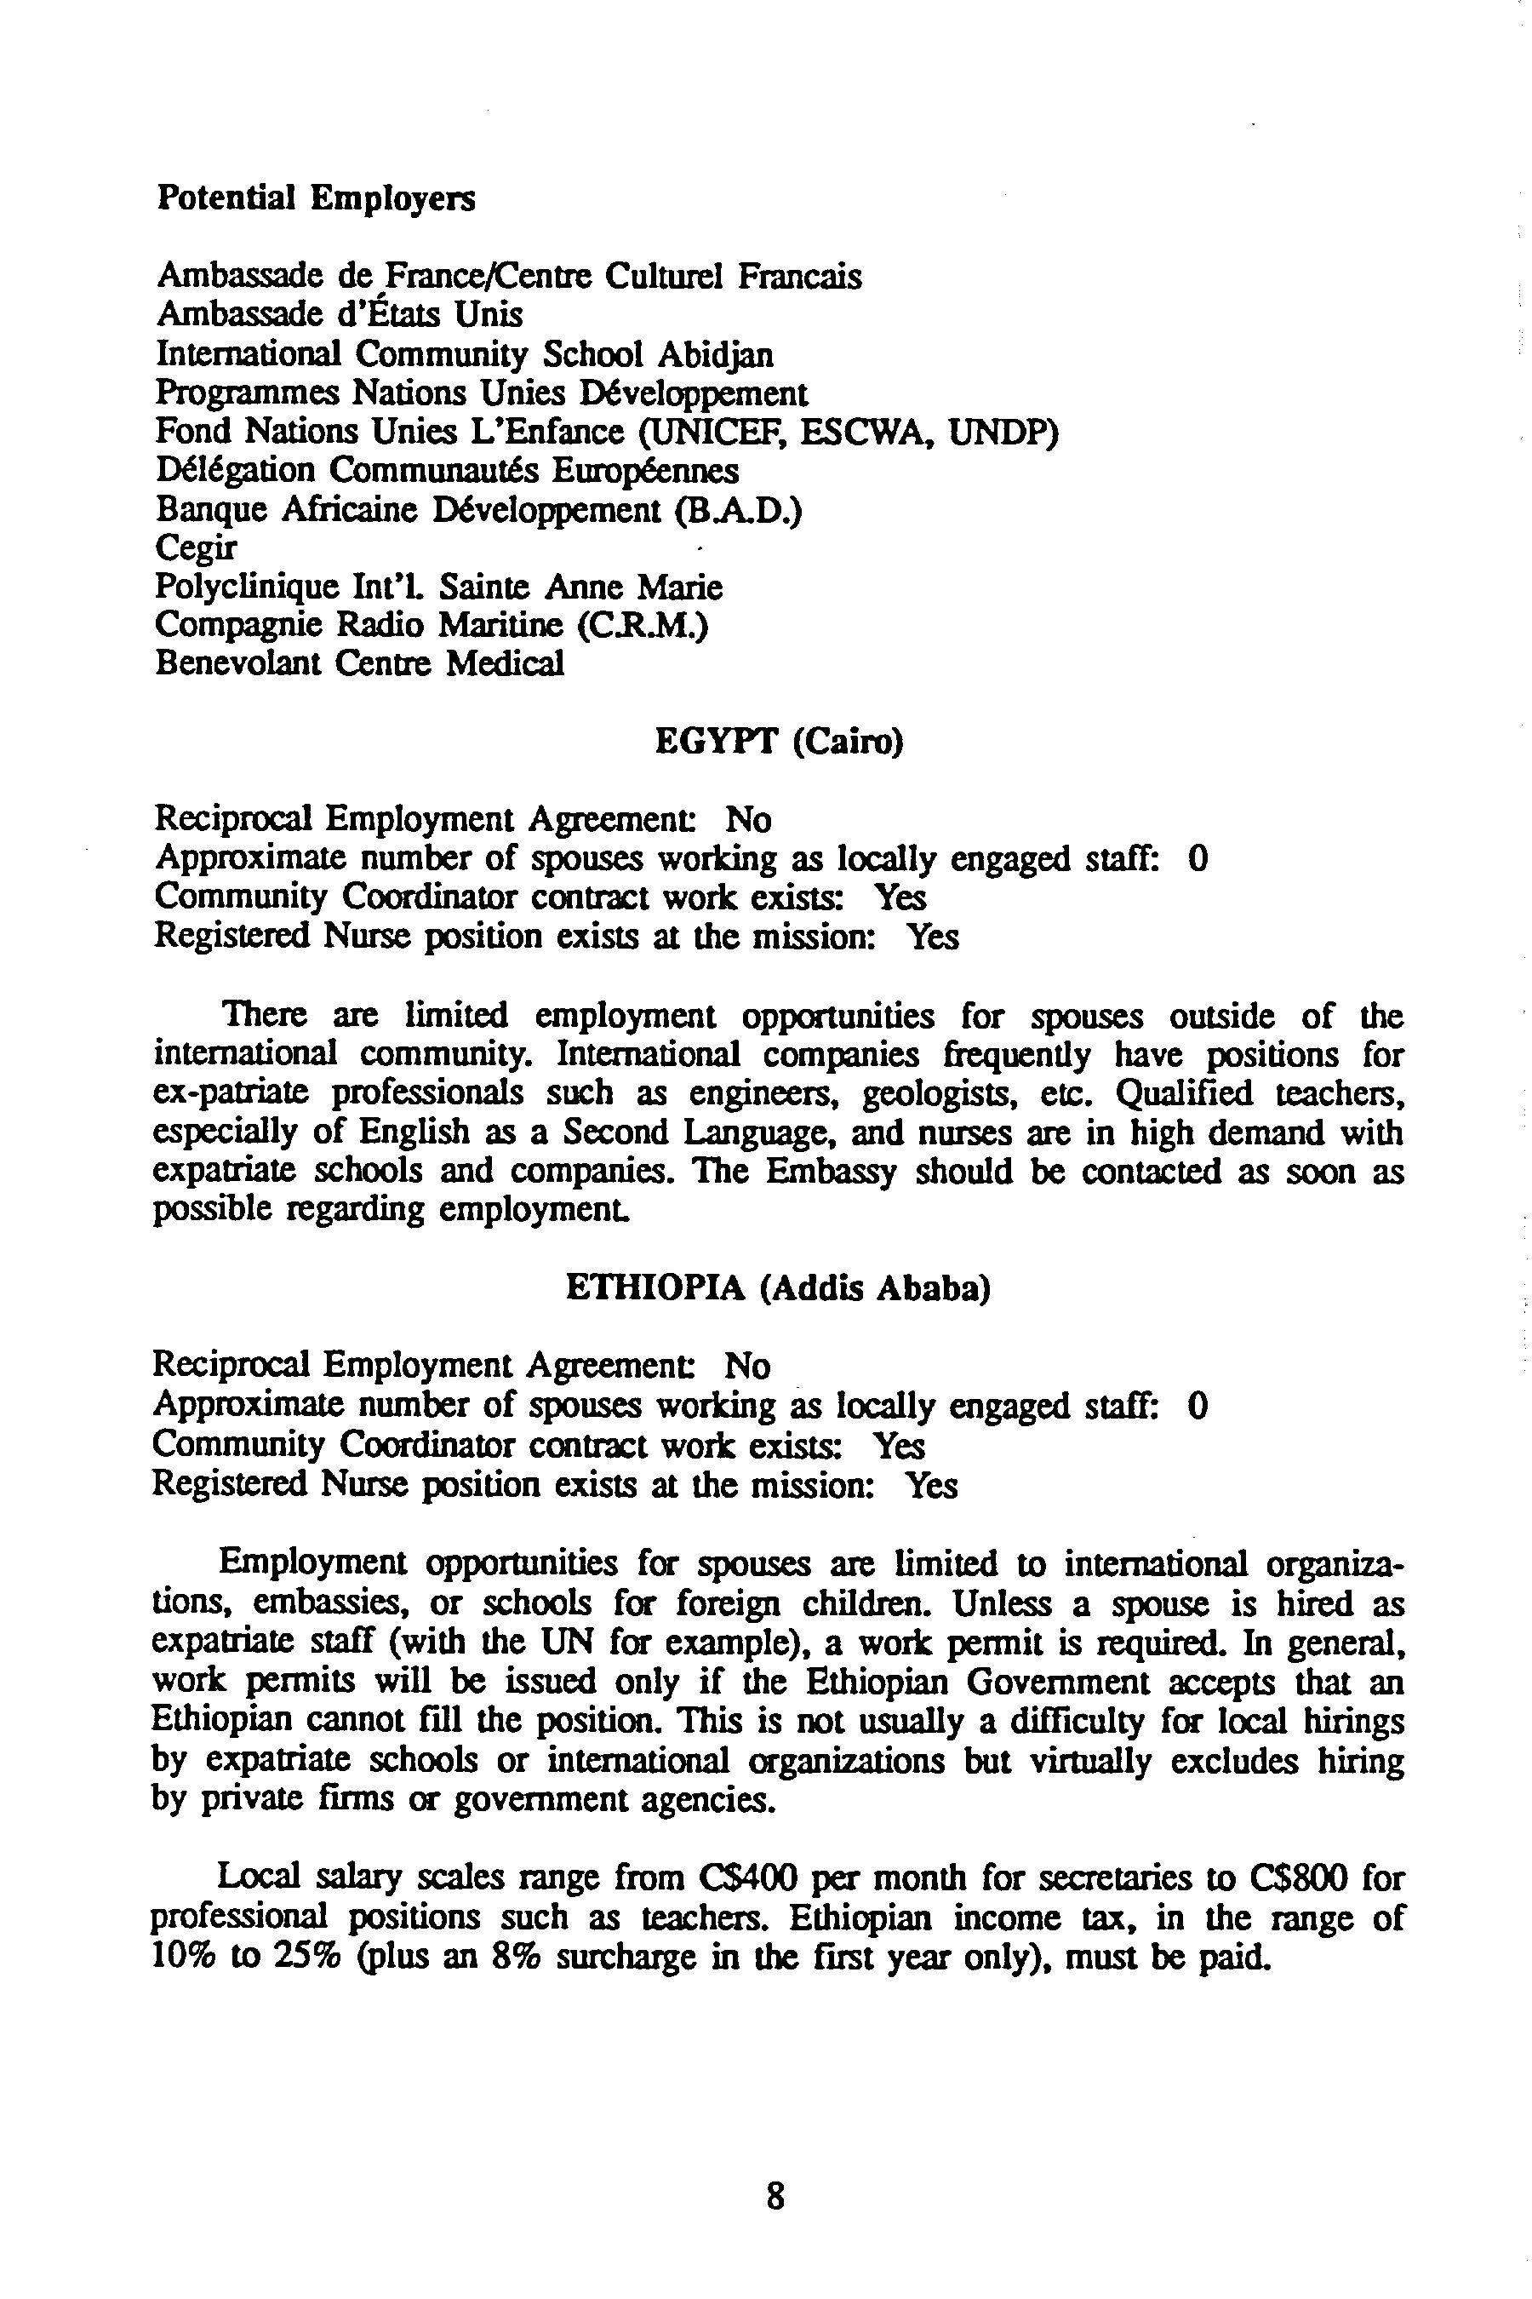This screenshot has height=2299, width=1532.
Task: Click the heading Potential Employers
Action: pos(316,198)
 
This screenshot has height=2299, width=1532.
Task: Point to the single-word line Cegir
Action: pos(196,549)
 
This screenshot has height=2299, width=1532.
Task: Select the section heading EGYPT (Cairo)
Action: pos(779,742)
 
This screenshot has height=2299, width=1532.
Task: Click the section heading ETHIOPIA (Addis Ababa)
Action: pos(778,1289)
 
